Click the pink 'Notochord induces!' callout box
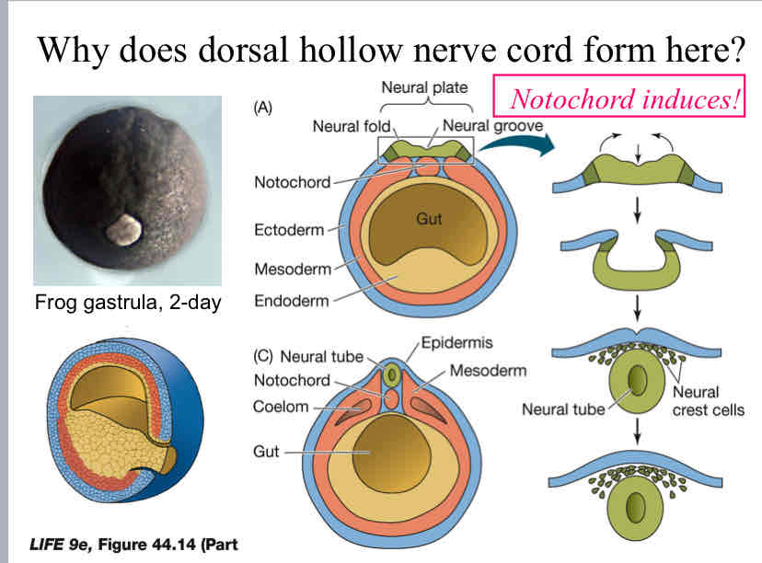tap(626, 98)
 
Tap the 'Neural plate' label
tap(424, 89)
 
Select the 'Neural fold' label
tap(352, 125)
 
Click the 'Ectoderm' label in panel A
tap(289, 230)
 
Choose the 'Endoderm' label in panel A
tap(292, 301)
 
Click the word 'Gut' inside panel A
tap(429, 221)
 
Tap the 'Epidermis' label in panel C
tap(456, 342)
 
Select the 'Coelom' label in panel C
tap(282, 407)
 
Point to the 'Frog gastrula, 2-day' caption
tap(127, 301)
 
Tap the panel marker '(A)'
tap(263, 107)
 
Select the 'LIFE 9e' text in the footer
tap(71, 544)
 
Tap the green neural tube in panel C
tap(395, 375)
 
